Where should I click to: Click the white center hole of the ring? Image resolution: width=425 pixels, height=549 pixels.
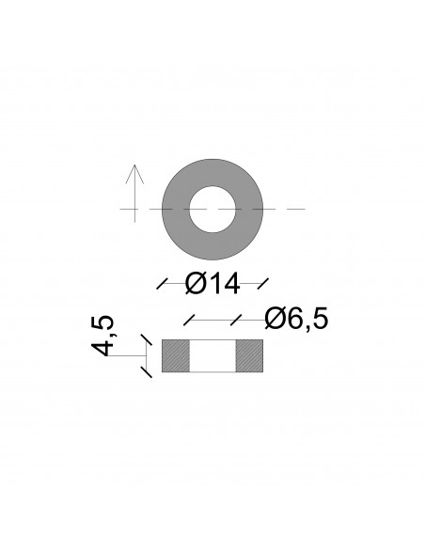pos(212,209)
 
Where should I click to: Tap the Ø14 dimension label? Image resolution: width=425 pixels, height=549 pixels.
pos(212,281)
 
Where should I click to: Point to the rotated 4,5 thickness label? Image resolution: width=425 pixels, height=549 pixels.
pos(104,335)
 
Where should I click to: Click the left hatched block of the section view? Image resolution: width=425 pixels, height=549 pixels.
pos(176,354)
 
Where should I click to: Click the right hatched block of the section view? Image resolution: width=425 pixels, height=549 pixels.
pos(249,354)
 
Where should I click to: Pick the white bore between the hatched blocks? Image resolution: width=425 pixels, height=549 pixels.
pos(212,354)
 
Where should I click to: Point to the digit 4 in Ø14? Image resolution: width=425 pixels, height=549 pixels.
pos(231,281)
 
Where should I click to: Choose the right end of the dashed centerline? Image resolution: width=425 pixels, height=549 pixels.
pos(303,209)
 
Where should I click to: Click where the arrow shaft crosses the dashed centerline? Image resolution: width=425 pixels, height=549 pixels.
pos(135,209)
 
